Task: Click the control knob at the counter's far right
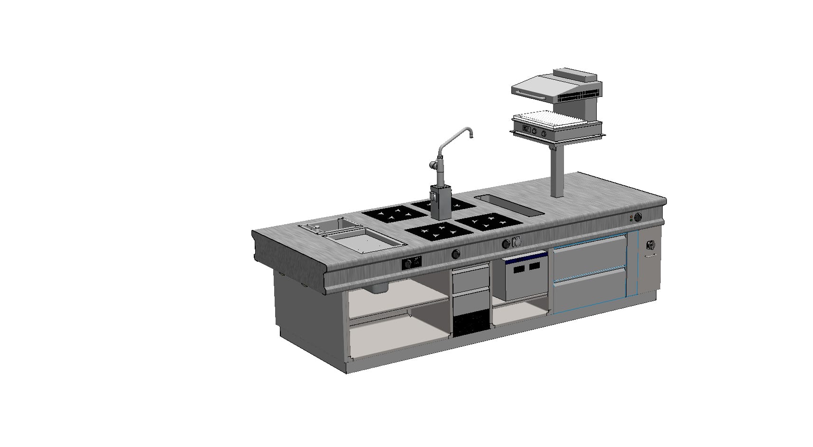click(x=638, y=217)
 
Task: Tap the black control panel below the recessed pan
click(x=80, y=263)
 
